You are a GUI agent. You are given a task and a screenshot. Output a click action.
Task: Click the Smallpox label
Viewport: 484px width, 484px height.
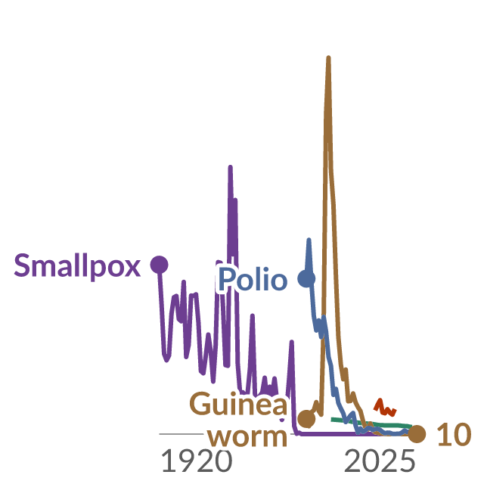click(77, 265)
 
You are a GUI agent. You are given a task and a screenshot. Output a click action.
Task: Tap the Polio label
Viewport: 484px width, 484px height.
click(253, 279)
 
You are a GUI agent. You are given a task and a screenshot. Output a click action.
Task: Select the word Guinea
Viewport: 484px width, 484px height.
click(238, 404)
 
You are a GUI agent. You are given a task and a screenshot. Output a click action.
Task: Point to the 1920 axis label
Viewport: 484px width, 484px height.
click(197, 461)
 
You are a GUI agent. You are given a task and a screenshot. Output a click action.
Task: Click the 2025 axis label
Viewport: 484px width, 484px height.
click(380, 461)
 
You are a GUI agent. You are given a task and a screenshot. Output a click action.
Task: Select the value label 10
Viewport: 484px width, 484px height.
click(454, 435)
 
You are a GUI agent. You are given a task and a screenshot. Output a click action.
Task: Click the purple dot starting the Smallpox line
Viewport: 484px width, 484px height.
click(160, 265)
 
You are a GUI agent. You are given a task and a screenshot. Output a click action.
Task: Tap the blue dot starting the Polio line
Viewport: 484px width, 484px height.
click(306, 278)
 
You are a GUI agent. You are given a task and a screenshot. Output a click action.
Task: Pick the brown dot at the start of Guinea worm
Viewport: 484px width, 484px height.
click(306, 419)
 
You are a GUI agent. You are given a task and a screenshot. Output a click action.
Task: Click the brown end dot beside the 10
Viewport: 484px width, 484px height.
click(417, 434)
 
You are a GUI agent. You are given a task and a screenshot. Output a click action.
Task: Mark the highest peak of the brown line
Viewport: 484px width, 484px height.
click(328, 57)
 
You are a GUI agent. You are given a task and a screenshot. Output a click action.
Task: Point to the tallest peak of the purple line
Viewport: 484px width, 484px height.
click(230, 167)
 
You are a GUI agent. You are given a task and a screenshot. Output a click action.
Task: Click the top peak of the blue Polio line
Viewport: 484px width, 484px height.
click(309, 240)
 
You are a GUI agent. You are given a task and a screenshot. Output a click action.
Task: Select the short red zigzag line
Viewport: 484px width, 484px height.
click(385, 407)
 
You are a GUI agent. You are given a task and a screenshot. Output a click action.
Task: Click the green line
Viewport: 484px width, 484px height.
click(371, 423)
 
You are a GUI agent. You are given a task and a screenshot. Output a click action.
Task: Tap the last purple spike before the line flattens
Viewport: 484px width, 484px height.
click(292, 342)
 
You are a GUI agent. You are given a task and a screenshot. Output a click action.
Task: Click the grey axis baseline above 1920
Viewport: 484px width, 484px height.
click(181, 434)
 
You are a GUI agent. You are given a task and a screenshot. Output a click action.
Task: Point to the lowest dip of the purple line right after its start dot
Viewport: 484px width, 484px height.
click(166, 360)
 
